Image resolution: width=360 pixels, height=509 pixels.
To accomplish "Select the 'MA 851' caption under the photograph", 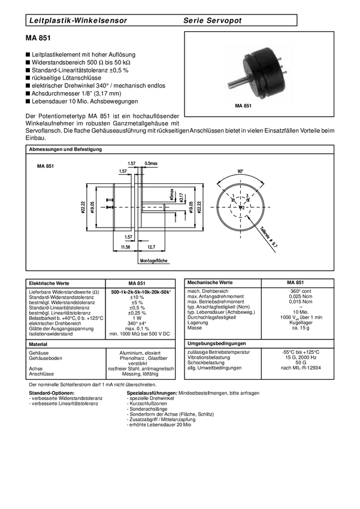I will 243,105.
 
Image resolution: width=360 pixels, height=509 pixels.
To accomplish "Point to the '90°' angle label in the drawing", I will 240,171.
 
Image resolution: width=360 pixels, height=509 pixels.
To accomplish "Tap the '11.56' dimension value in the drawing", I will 126,246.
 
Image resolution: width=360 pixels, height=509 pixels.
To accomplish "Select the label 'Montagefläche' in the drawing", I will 154,260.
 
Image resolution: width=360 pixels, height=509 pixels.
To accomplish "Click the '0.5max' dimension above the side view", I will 151,163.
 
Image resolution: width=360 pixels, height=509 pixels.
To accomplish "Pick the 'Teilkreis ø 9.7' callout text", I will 269,236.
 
